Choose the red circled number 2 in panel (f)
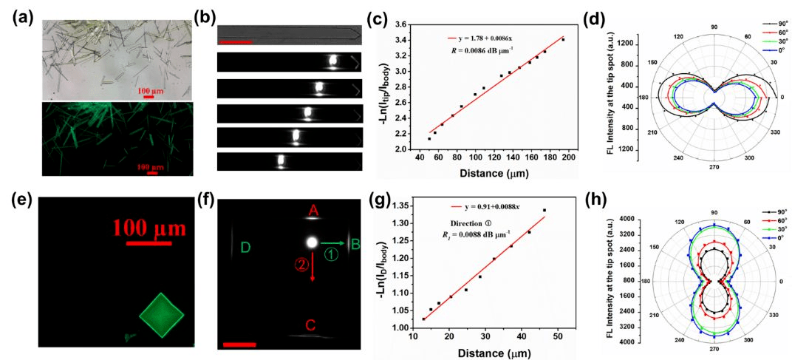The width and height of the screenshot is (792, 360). (x=301, y=265)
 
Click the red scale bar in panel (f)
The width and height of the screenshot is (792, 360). (x=239, y=344)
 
